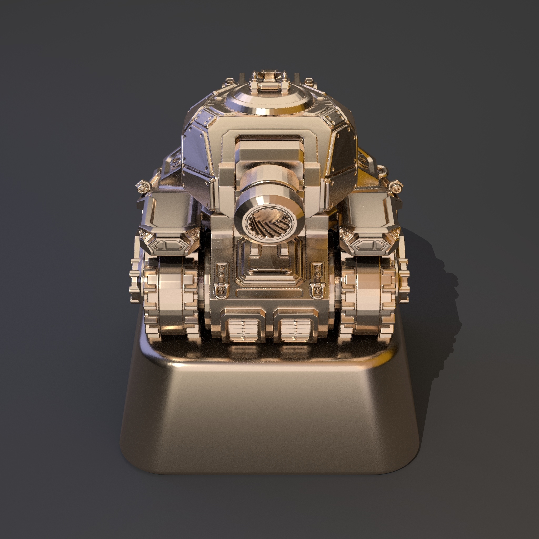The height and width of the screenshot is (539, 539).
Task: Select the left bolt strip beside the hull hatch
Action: (221, 276)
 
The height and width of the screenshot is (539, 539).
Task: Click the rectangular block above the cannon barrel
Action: (269, 152)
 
